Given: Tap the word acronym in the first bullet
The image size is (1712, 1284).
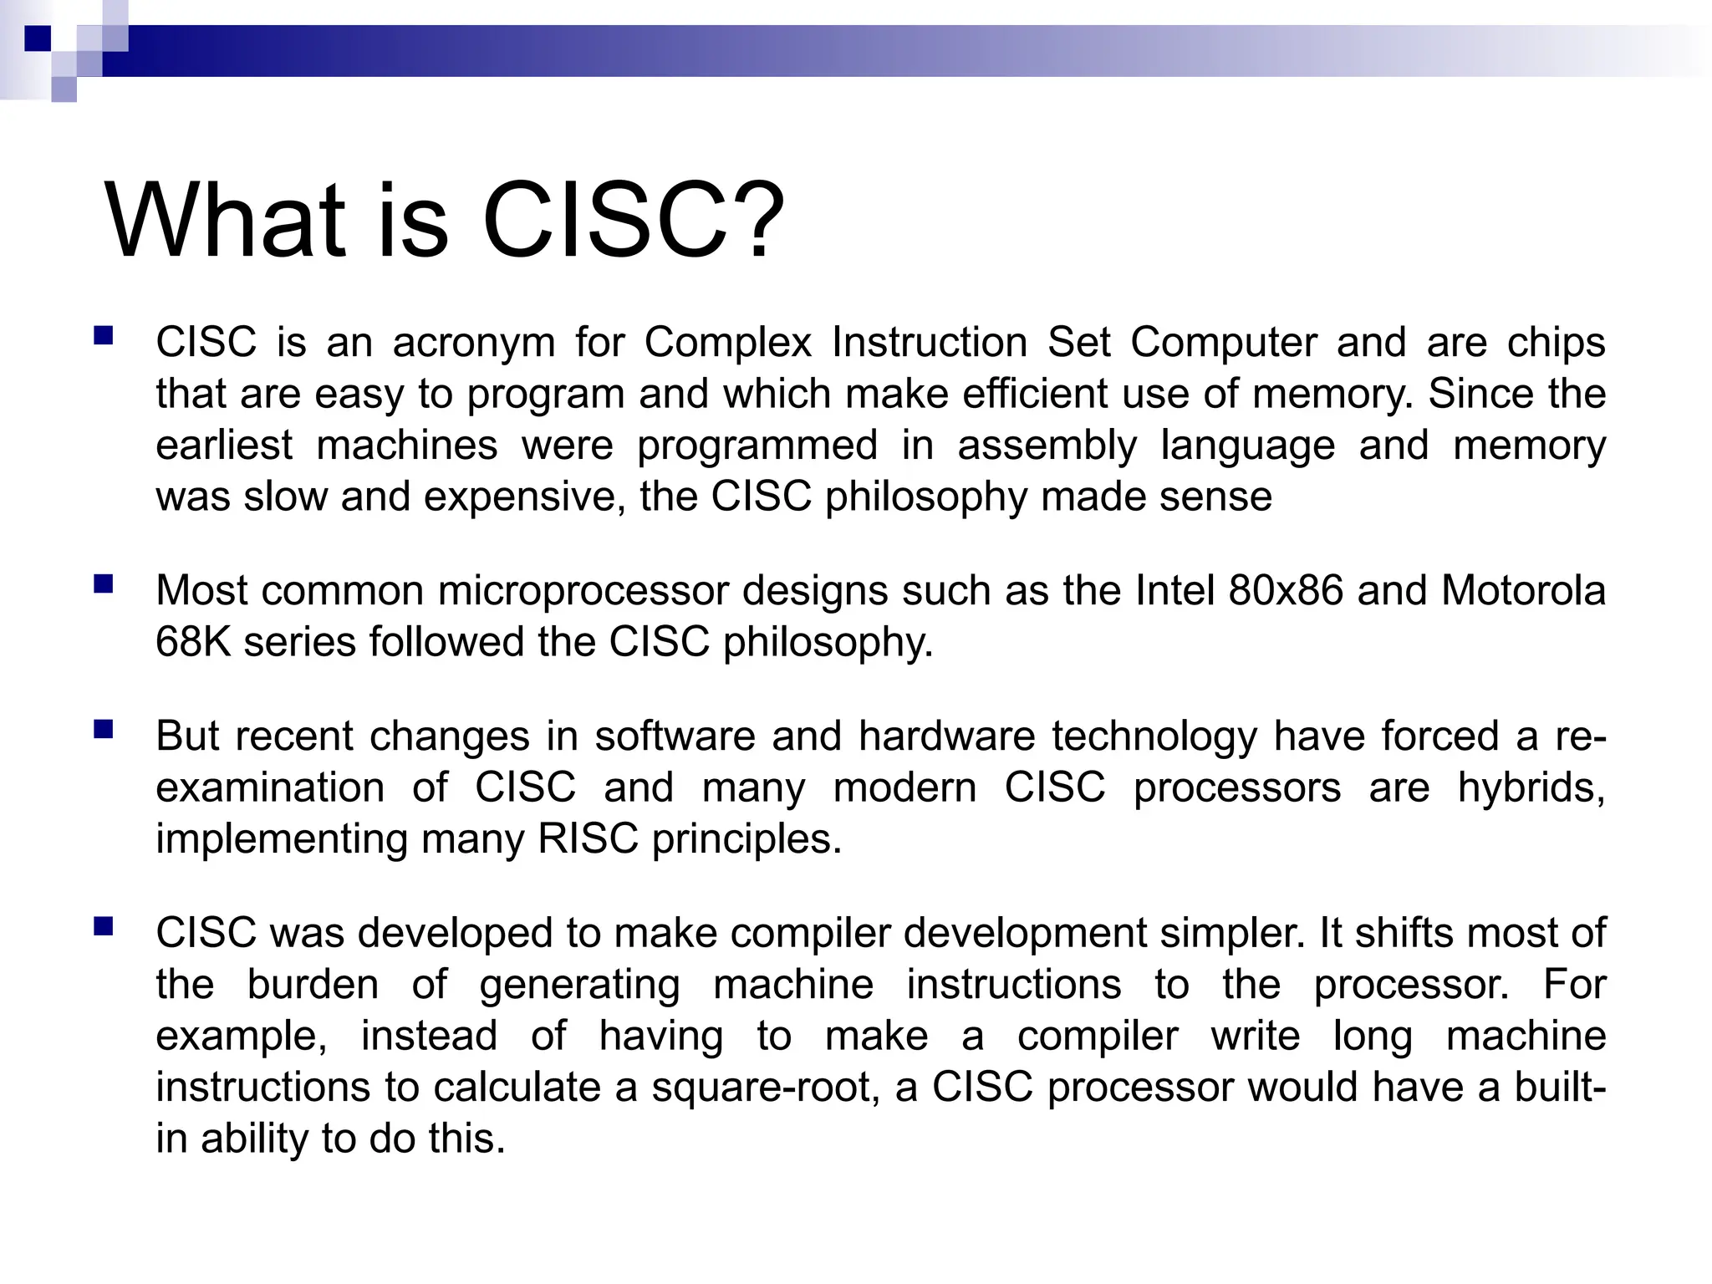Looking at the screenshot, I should pyautogui.click(x=474, y=344).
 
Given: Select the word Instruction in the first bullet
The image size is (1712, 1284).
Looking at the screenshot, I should pyautogui.click(x=930, y=342).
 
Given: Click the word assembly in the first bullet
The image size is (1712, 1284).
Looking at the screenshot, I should pyautogui.click(x=1047, y=446).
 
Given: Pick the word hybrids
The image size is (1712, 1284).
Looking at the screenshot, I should pyautogui.click(x=1531, y=787).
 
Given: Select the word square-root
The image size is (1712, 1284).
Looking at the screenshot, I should pyautogui.click(x=765, y=1088).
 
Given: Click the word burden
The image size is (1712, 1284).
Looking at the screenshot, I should pyautogui.click(x=313, y=985).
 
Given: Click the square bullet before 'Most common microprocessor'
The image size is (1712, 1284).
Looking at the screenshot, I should pyautogui.click(x=104, y=583).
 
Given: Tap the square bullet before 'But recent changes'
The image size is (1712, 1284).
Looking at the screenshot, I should pyautogui.click(x=104, y=730).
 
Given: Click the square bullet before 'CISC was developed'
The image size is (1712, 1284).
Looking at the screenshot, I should pyautogui.click(x=104, y=926).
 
